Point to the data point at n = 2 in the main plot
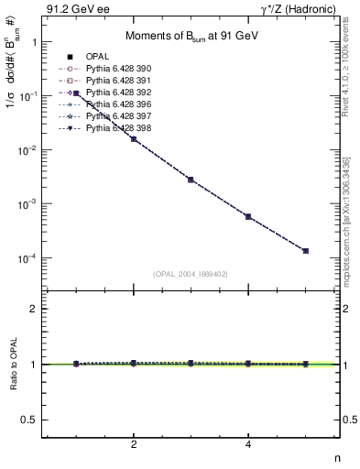135,139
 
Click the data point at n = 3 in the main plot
191,180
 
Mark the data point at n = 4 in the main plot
248,216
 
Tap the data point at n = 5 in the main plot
305,251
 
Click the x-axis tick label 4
248,444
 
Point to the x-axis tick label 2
135,444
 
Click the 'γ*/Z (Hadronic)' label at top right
303,9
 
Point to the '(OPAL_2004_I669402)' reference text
191,273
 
